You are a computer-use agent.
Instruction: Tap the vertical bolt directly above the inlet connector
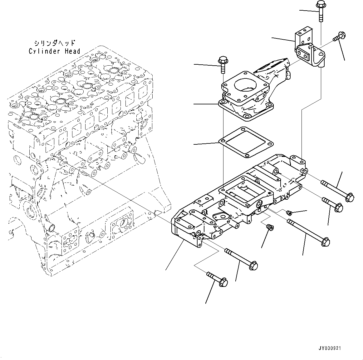click(223, 64)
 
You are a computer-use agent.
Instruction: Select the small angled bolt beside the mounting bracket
click(338, 37)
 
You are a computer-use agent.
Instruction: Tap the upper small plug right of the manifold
click(289, 213)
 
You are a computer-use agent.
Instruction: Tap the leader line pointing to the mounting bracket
click(282, 39)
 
